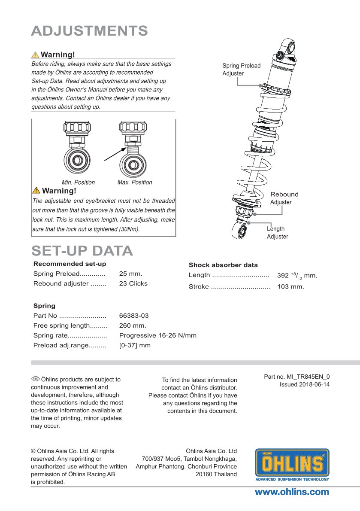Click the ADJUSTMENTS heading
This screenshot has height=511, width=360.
point(90,31)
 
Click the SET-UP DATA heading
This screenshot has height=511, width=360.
point(82,251)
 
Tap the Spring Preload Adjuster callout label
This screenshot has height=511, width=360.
point(241,70)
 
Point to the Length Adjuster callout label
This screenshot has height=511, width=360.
point(277,233)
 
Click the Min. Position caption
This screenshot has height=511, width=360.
point(78,182)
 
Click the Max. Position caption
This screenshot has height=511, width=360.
point(135,182)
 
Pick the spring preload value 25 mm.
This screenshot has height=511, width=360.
point(130,274)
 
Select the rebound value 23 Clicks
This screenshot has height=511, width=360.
point(133,283)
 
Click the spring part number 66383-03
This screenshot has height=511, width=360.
point(134,316)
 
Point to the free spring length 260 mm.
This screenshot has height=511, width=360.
point(133,325)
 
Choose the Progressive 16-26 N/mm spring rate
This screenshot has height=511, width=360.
point(157,335)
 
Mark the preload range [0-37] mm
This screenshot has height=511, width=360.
point(135,345)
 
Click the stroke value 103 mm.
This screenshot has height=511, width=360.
point(290,287)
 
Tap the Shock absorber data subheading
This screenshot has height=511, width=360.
point(223,265)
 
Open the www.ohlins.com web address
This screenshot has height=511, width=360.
point(292,492)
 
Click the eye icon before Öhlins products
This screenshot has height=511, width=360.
point(35,379)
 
